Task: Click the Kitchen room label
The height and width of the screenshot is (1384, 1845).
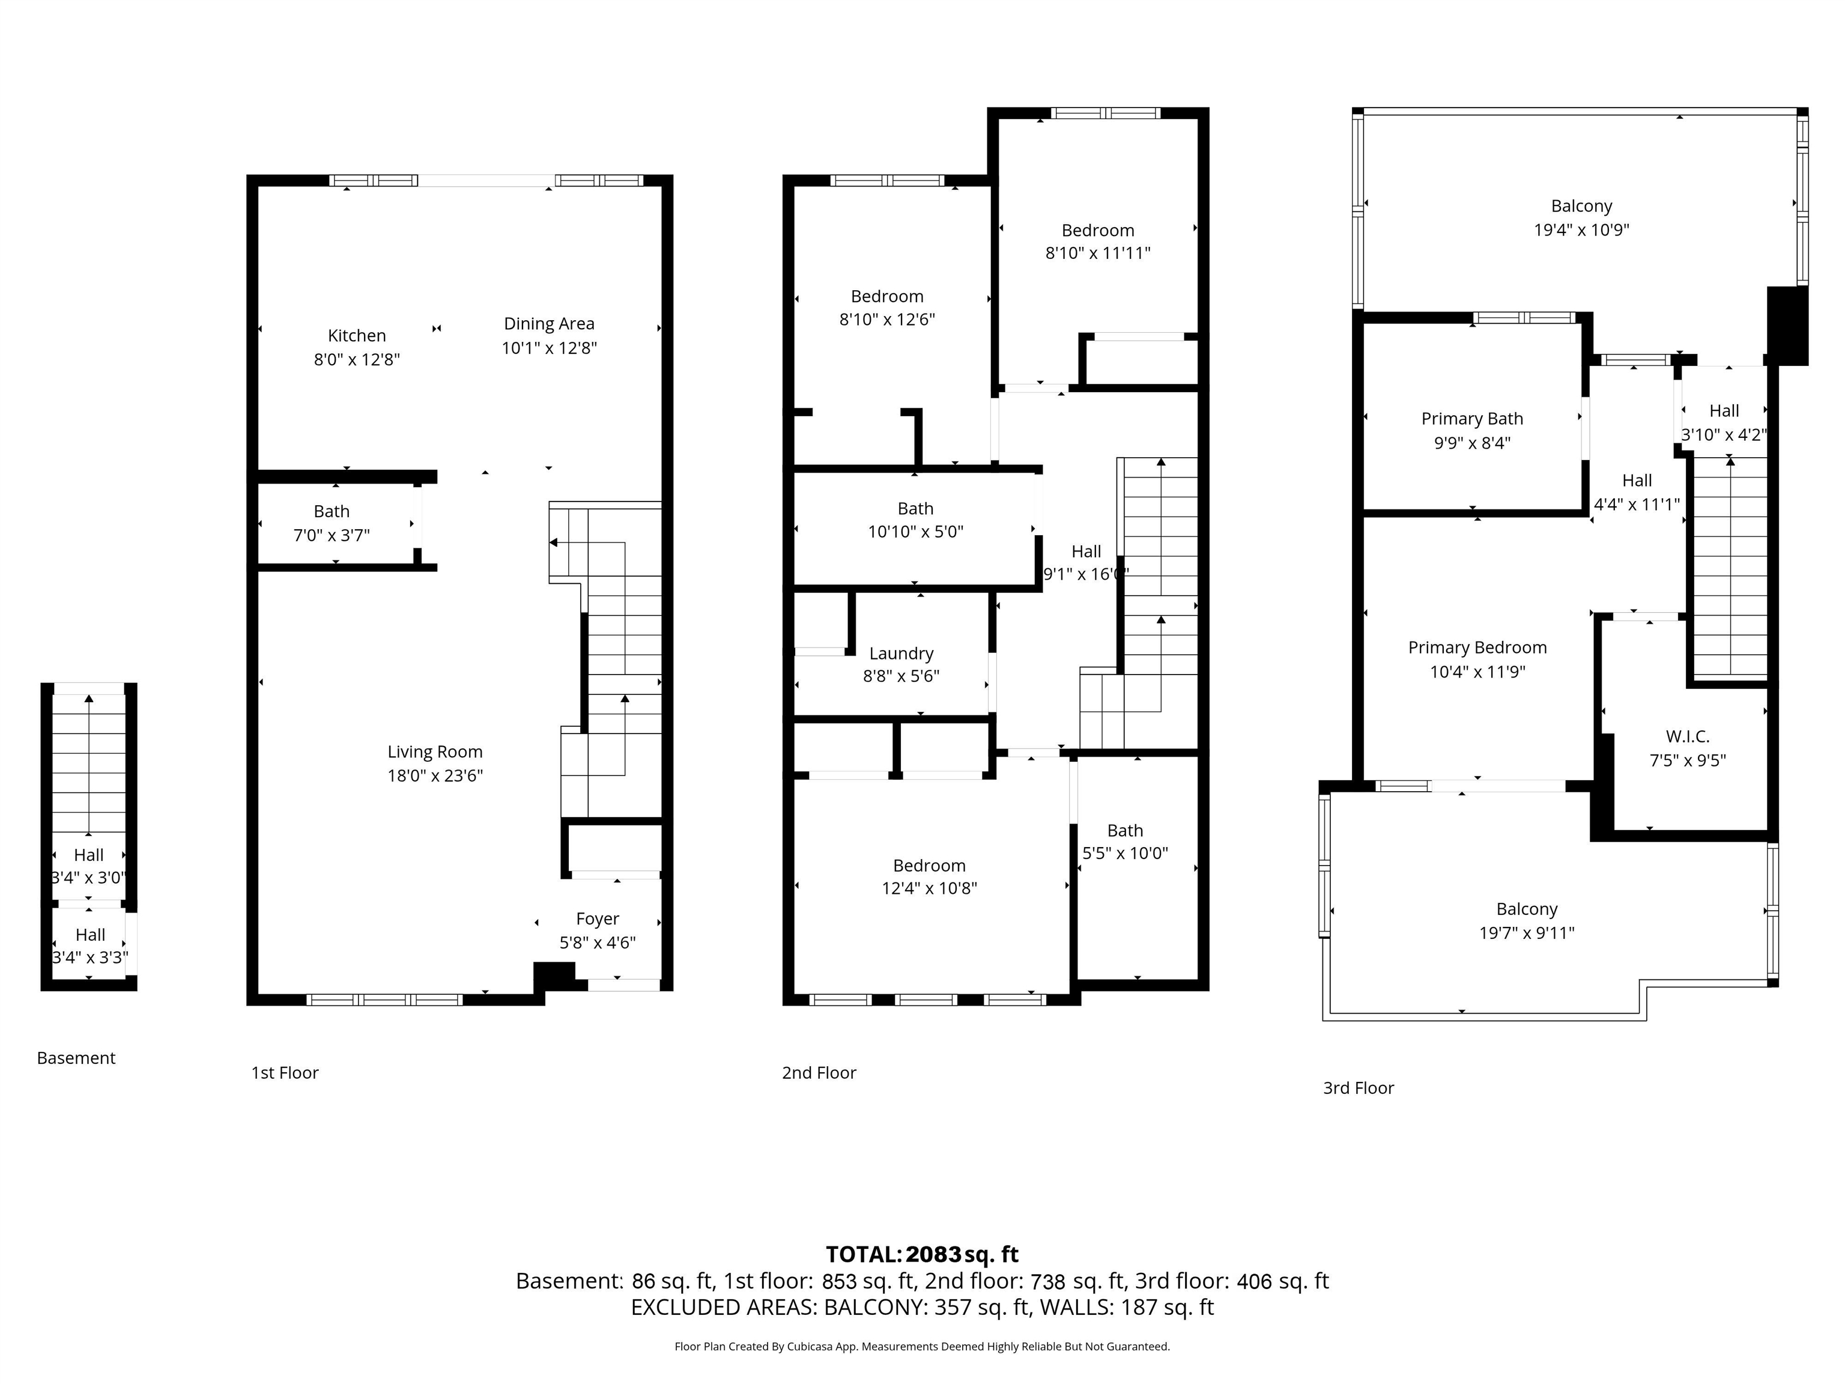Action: coord(357,335)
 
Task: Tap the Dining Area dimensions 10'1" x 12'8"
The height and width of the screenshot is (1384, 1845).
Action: coord(549,348)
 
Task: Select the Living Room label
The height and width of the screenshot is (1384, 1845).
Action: coord(435,751)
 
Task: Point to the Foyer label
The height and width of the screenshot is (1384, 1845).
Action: coord(597,918)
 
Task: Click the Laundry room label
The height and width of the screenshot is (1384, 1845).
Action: coord(901,653)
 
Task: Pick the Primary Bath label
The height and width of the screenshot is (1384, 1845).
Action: coord(1472,419)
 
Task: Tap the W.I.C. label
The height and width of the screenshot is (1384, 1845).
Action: coord(1688,736)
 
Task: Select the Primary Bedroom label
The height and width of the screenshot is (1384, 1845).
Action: coord(1477,648)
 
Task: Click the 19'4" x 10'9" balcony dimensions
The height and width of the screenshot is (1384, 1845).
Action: coord(1581,229)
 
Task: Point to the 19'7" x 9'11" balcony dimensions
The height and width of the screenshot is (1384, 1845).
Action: coord(1526,933)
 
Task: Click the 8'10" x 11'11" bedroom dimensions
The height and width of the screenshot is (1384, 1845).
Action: coord(1098,253)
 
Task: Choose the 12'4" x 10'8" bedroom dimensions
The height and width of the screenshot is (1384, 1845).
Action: coord(929,888)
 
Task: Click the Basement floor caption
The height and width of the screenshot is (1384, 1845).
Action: coord(76,1058)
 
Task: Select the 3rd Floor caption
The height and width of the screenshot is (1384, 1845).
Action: coord(1358,1088)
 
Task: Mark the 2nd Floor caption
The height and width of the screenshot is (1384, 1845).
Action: coord(819,1073)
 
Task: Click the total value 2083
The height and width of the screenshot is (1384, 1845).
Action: coord(933,1255)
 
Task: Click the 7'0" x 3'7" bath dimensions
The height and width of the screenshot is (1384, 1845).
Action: coord(331,535)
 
